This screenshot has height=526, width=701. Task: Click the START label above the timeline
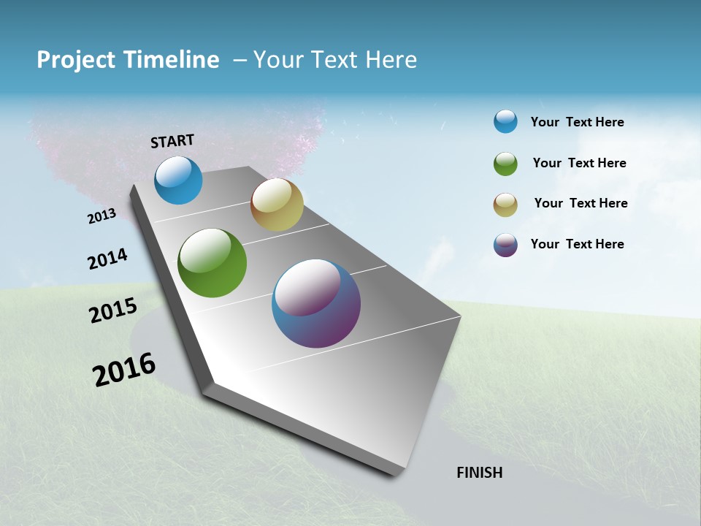pyautogui.click(x=172, y=141)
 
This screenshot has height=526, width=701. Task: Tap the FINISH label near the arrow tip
pyautogui.click(x=480, y=473)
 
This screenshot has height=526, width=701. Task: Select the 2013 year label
pyautogui.click(x=101, y=216)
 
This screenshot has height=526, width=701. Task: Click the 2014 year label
pyautogui.click(x=107, y=259)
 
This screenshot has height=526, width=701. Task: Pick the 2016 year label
pyautogui.click(x=124, y=370)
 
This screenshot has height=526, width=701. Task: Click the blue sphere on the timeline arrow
pyautogui.click(x=178, y=180)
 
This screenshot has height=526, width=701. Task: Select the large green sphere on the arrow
pyautogui.click(x=212, y=263)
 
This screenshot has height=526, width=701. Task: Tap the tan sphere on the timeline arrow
pyautogui.click(x=277, y=205)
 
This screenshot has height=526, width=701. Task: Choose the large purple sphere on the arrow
pyautogui.click(x=316, y=303)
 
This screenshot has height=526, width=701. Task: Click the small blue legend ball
pyautogui.click(x=505, y=121)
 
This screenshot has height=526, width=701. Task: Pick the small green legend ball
pyautogui.click(x=505, y=164)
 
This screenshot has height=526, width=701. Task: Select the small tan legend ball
pyautogui.click(x=505, y=205)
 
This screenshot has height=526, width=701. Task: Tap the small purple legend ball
pyautogui.click(x=505, y=245)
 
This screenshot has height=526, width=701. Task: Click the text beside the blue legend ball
pyautogui.click(x=577, y=122)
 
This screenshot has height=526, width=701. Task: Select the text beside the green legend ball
pyautogui.click(x=579, y=163)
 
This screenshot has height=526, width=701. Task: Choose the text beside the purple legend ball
pyautogui.click(x=577, y=244)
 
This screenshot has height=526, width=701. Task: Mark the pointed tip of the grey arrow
pyautogui.click(x=398, y=473)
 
